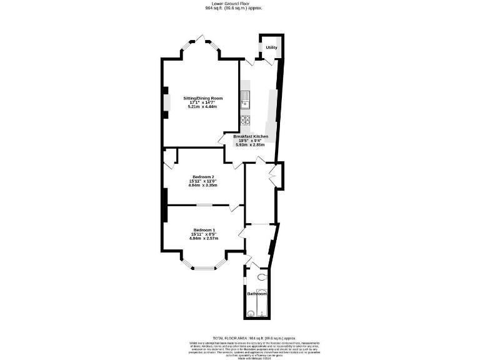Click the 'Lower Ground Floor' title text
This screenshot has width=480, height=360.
pos(240,3)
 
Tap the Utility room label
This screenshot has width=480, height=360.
pos(271,47)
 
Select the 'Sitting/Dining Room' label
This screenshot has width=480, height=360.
pos(202,98)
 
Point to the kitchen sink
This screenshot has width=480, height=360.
pos(246,98)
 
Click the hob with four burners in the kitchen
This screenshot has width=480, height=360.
pos(246,120)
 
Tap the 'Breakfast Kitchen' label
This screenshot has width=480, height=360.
pos(251,136)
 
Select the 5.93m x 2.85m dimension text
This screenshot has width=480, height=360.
pos(250,144)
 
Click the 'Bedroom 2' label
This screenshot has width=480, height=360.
pos(203,177)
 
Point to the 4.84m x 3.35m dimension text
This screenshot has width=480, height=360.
pos(203,185)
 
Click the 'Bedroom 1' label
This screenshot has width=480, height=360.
pos(203,229)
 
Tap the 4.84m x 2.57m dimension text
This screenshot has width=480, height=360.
pos(203,238)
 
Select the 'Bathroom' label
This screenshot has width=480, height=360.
pos(257,294)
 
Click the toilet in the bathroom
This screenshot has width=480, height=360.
pos(262,277)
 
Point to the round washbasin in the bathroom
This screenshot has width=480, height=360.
pos(251,313)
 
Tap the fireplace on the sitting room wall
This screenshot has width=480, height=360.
pos(165,102)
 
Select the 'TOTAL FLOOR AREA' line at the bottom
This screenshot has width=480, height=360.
pos(240,337)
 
